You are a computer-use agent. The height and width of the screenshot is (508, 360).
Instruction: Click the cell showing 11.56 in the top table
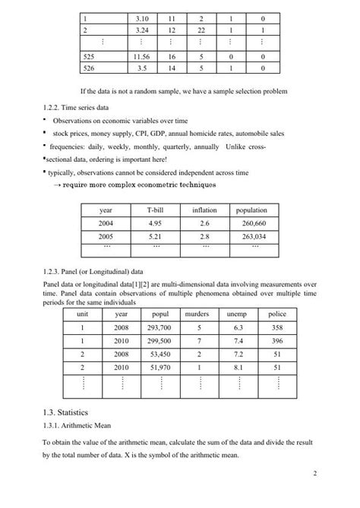click(140, 56)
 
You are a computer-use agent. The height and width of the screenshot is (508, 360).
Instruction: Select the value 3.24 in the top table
click(140, 30)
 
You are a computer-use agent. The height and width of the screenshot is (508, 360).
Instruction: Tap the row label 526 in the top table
click(90, 68)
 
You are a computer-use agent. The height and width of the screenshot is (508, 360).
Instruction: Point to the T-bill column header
click(156, 210)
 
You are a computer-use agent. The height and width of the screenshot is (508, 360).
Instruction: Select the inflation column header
click(204, 210)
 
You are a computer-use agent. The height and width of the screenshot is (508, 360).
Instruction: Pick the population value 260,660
click(254, 223)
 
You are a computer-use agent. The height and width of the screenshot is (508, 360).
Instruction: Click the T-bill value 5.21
click(156, 236)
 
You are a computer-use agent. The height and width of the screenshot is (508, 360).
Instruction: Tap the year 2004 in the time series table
click(106, 223)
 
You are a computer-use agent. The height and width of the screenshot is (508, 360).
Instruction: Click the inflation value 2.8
click(204, 236)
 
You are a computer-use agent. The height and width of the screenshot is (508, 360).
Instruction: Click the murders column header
click(197, 314)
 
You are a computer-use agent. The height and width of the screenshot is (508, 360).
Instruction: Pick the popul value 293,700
click(159, 327)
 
